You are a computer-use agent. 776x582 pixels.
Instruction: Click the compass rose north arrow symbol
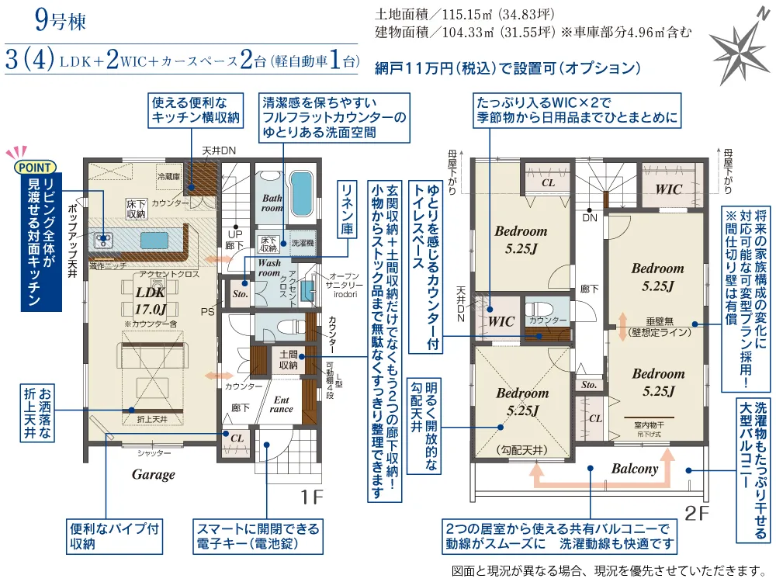point(740,48)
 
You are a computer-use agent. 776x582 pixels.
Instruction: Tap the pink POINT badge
point(36,166)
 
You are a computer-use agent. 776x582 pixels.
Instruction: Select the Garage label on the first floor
point(153,474)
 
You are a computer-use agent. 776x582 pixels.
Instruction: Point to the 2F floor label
point(696,512)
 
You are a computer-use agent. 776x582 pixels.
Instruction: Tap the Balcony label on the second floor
point(634,469)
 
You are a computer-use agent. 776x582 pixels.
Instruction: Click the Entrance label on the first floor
point(281,404)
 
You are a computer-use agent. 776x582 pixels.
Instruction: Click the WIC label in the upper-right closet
point(668,189)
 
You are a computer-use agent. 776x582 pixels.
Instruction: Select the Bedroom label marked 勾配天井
point(521,401)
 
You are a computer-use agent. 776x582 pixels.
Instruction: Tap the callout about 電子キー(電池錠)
point(258,536)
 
